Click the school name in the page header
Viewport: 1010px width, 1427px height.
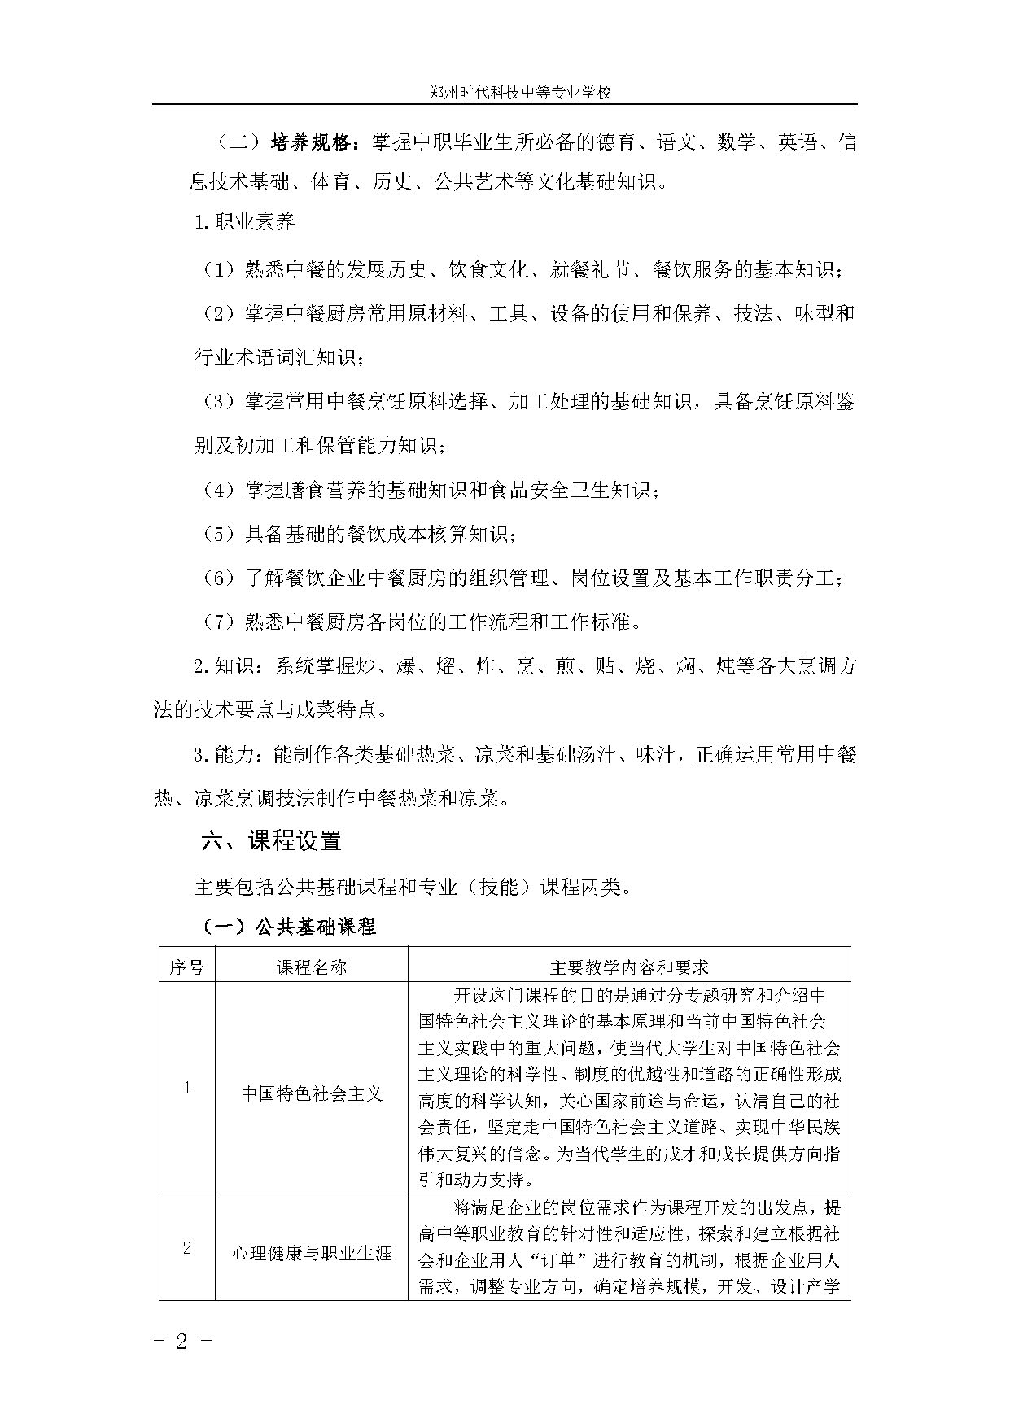[x=520, y=93]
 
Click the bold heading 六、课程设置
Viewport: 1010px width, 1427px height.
[x=271, y=841]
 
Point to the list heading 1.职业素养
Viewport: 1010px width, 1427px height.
[x=244, y=222]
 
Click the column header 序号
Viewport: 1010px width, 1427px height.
[x=186, y=967]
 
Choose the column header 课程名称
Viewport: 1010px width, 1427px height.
[x=311, y=967]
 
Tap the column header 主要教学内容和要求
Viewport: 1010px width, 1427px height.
[x=628, y=967]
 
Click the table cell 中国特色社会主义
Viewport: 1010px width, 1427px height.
[x=311, y=1093]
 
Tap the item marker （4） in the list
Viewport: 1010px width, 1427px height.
[x=218, y=491]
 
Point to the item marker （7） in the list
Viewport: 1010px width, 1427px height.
[x=218, y=622]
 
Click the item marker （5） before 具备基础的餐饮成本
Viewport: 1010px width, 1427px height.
[x=218, y=535]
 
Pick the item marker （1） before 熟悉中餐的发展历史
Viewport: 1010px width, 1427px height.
[x=218, y=270]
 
